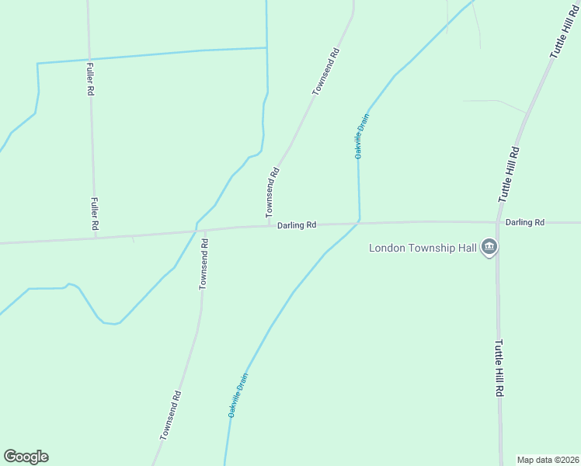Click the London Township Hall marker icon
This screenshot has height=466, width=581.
[x=489, y=248]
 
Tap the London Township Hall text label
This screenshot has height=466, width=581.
[x=423, y=249]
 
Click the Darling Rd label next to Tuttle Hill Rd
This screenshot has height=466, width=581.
[x=525, y=222]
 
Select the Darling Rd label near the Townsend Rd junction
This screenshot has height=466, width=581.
[x=297, y=225]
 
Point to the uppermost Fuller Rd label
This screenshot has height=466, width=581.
[x=91, y=78]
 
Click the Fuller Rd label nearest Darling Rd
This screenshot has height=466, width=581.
[x=94, y=214]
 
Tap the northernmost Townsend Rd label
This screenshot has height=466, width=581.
[x=326, y=72]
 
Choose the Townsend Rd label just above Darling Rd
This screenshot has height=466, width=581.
[x=271, y=193]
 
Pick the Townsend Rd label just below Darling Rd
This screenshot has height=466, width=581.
[x=204, y=264]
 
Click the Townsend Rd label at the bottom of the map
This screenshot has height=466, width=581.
[x=171, y=416]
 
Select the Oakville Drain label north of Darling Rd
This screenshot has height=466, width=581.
[x=362, y=137]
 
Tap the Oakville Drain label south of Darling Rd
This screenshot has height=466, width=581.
[x=238, y=396]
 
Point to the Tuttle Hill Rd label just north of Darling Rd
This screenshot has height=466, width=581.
[x=509, y=175]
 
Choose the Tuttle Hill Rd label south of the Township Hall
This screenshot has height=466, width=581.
[x=499, y=368]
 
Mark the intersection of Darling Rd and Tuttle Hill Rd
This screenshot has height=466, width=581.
[x=497, y=222]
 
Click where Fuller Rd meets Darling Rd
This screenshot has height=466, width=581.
[x=95, y=236]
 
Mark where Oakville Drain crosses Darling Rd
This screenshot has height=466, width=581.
[x=358, y=224]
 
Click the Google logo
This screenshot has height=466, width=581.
[x=26, y=457]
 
